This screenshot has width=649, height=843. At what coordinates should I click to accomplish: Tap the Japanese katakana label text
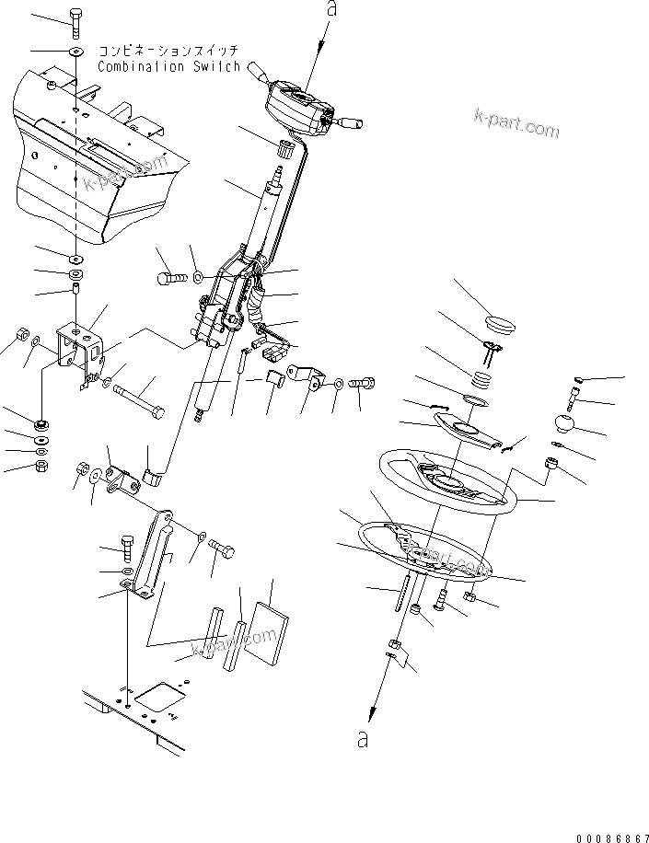coord(168,51)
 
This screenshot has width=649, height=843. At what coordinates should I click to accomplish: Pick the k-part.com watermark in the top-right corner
coord(516,126)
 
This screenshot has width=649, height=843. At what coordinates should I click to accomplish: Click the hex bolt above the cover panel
coord(75,18)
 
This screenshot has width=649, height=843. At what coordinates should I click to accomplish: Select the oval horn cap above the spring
coord(502,323)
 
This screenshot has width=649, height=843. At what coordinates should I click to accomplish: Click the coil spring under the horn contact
coord(482,377)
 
